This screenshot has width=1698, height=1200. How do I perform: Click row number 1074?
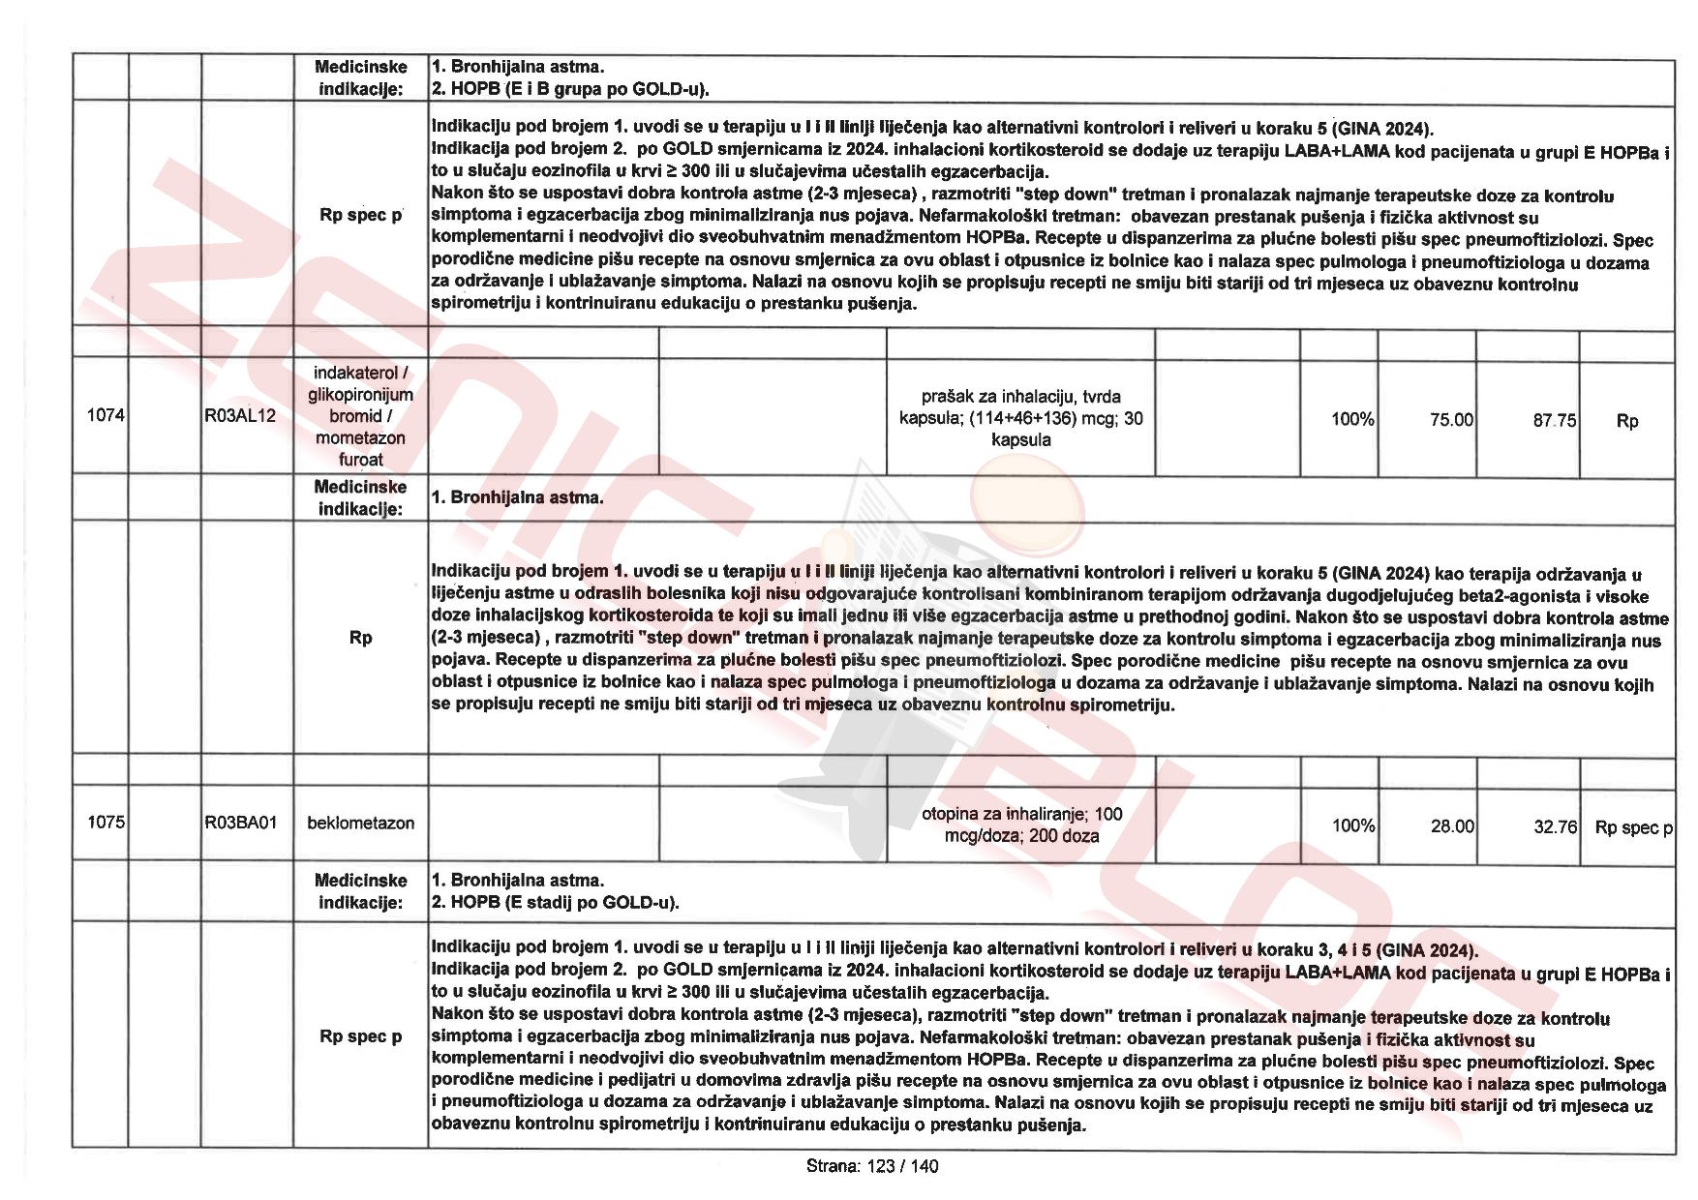pyautogui.click(x=106, y=415)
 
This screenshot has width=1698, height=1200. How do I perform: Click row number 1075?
pyautogui.click(x=106, y=823)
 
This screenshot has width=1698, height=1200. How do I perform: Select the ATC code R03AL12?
pyautogui.click(x=240, y=416)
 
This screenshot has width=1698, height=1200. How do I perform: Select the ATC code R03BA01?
pyautogui.click(x=240, y=823)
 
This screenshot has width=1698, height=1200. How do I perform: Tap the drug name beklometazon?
pyautogui.click(x=360, y=824)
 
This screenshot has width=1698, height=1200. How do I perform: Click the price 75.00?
pyautogui.click(x=1451, y=420)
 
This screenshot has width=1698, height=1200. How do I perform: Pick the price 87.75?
pyautogui.click(x=1554, y=421)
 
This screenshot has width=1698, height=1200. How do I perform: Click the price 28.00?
pyautogui.click(x=1452, y=826)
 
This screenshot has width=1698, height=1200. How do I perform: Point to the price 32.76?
pyautogui.click(x=1555, y=827)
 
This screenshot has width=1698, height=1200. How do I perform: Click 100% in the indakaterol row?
pyautogui.click(x=1351, y=420)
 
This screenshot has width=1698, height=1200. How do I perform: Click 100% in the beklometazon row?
pyautogui.click(x=1352, y=826)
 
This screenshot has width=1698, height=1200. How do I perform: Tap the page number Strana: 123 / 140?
pyautogui.click(x=871, y=1166)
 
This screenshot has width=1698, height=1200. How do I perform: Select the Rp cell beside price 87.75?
pyautogui.click(x=1627, y=421)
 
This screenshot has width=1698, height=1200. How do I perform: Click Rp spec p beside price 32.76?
pyautogui.click(x=1633, y=828)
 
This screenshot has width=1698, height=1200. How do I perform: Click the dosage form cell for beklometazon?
pyautogui.click(x=1021, y=825)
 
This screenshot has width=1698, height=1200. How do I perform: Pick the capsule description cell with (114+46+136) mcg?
pyautogui.click(x=1021, y=418)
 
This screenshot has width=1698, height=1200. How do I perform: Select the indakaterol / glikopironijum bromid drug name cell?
pyautogui.click(x=360, y=416)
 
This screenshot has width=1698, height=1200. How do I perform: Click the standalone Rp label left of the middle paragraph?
pyautogui.click(x=360, y=638)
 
